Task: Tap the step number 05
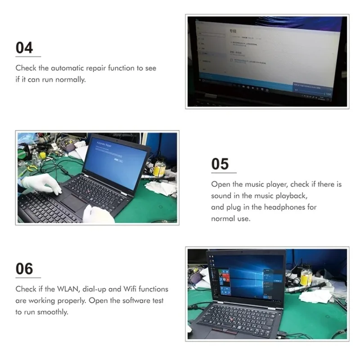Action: pyautogui.click(x=220, y=164)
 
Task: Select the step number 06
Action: pyautogui.click(x=24, y=269)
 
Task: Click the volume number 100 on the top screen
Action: pyautogui.click(x=328, y=94)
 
